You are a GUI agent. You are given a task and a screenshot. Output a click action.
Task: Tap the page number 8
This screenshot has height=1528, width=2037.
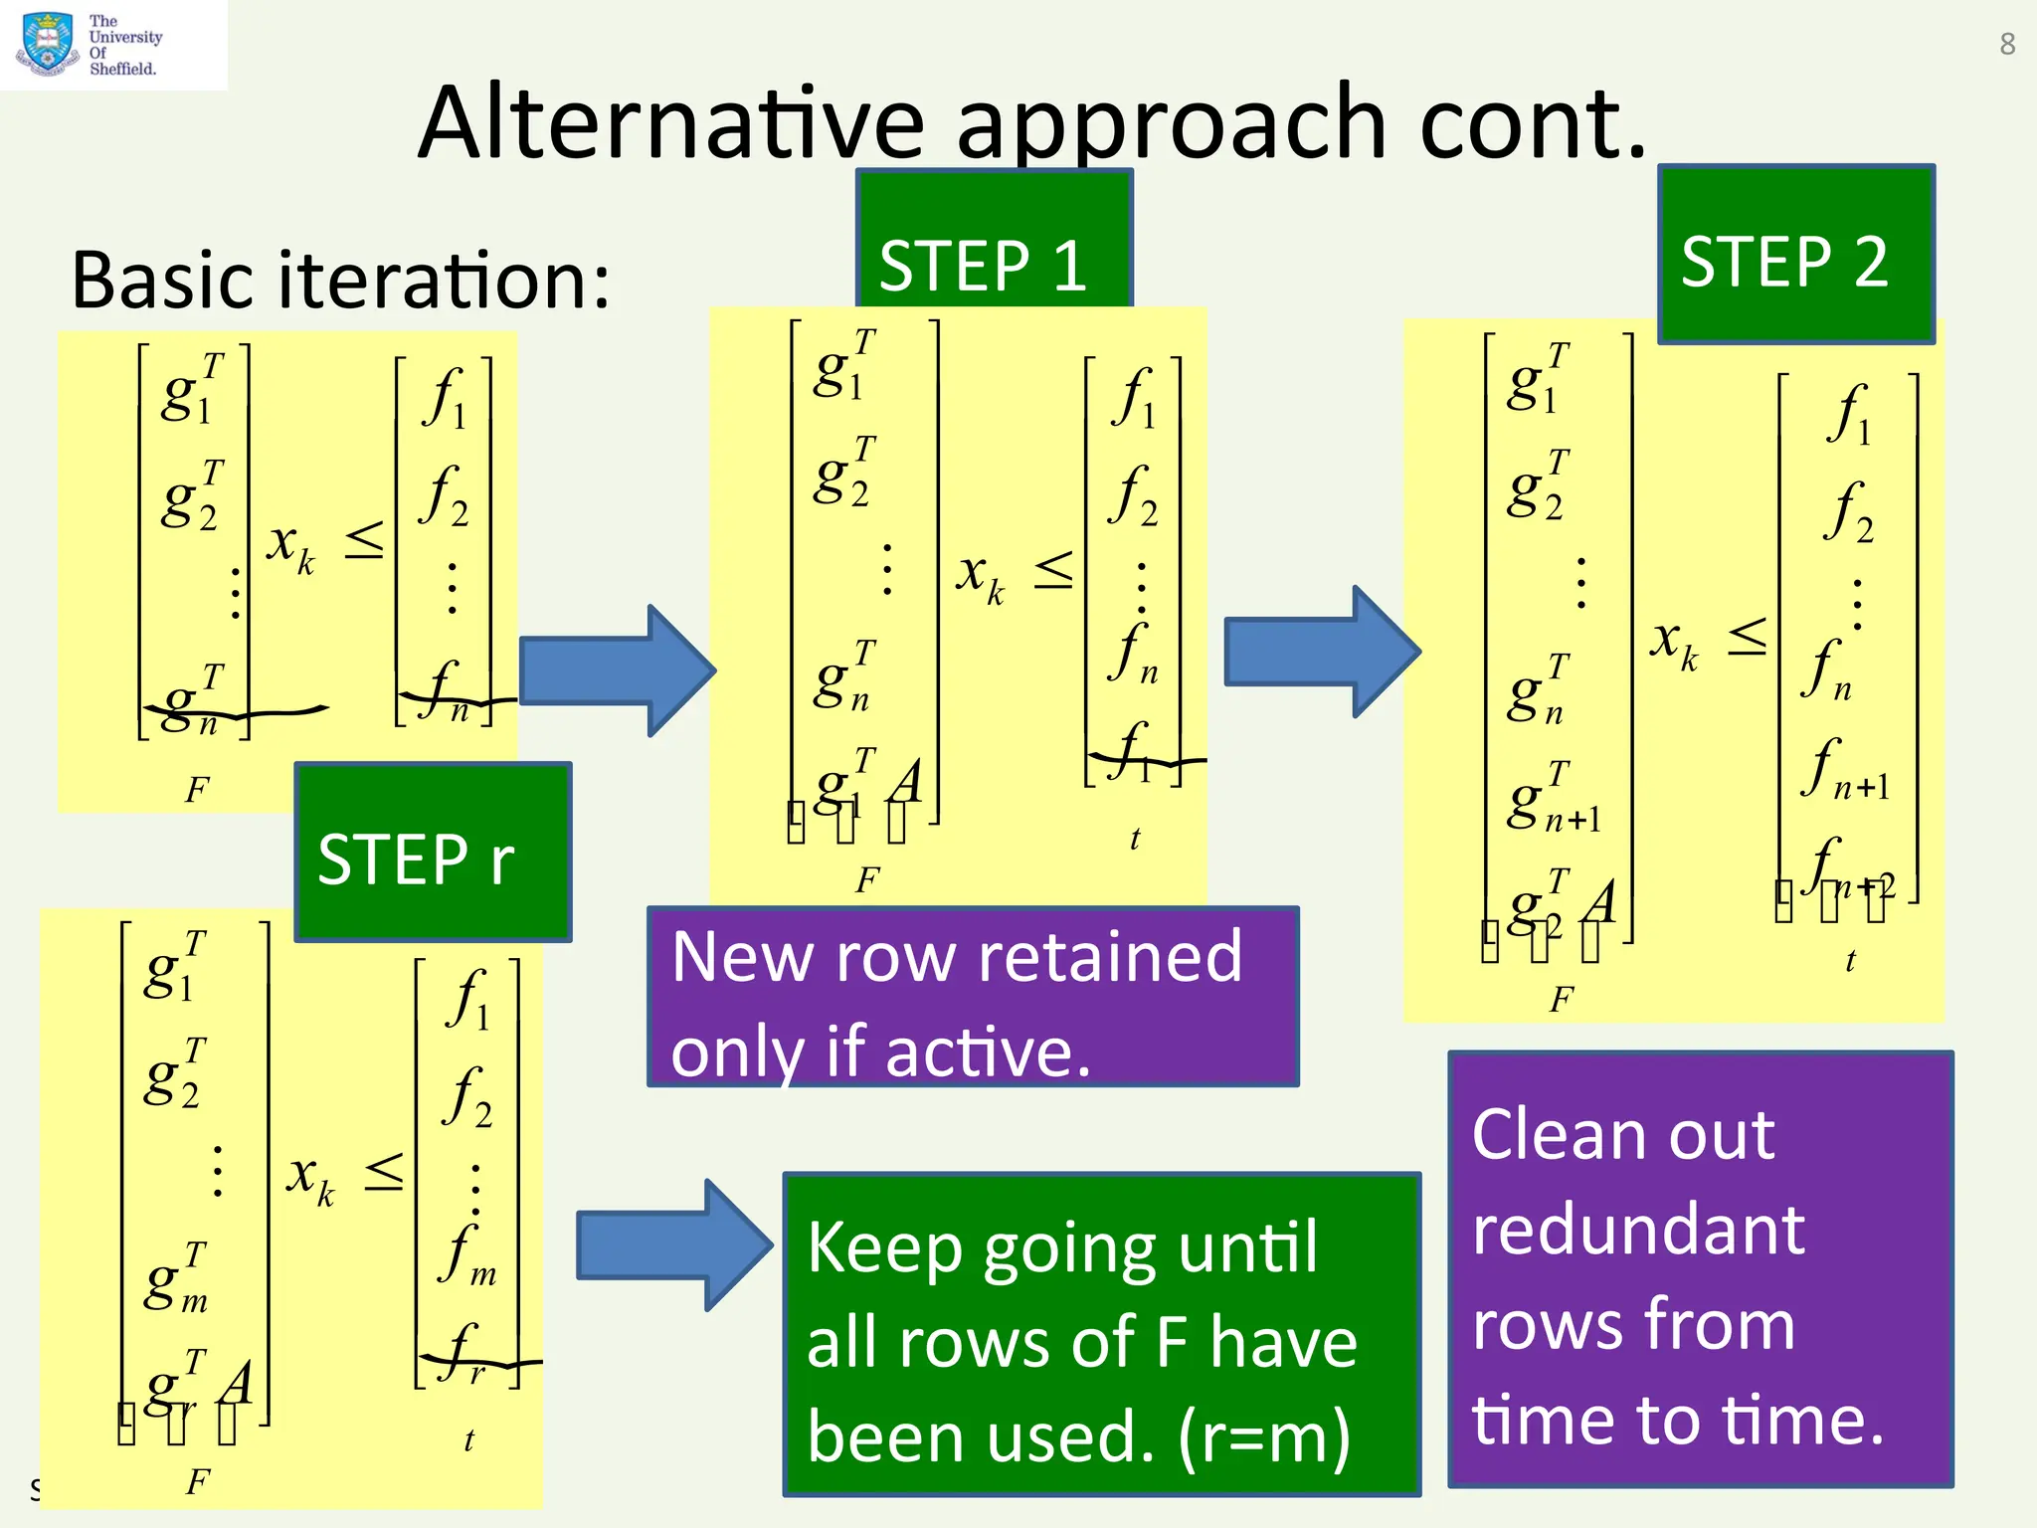tap(2007, 44)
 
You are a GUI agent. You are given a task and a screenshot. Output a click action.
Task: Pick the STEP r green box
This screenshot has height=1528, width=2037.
tap(433, 854)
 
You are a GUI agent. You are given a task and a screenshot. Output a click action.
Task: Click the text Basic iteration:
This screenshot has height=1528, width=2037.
tap(340, 281)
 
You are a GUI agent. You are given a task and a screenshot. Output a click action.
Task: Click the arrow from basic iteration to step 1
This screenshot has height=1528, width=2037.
tap(617, 670)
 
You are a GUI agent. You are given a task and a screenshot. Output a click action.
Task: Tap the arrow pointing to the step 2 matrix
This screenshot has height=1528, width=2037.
tap(1321, 652)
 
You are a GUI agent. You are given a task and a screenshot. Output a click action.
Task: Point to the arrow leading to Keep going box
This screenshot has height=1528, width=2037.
tap(673, 1244)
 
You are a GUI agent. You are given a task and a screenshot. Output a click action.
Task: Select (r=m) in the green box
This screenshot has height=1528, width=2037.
tap(1263, 1436)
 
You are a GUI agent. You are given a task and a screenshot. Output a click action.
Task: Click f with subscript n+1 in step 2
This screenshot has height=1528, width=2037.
tap(1843, 771)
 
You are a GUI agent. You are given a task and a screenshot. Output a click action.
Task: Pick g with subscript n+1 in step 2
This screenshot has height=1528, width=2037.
tap(1552, 799)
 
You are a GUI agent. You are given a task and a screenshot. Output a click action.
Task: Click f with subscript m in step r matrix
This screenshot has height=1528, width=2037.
tap(467, 1256)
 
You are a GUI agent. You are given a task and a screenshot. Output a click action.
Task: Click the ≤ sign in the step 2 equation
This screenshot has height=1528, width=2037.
tap(1747, 637)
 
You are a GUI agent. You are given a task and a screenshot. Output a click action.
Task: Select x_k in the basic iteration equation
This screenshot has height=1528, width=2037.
tap(290, 546)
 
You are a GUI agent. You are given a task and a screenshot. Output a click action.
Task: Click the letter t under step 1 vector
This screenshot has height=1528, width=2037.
tap(1135, 839)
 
